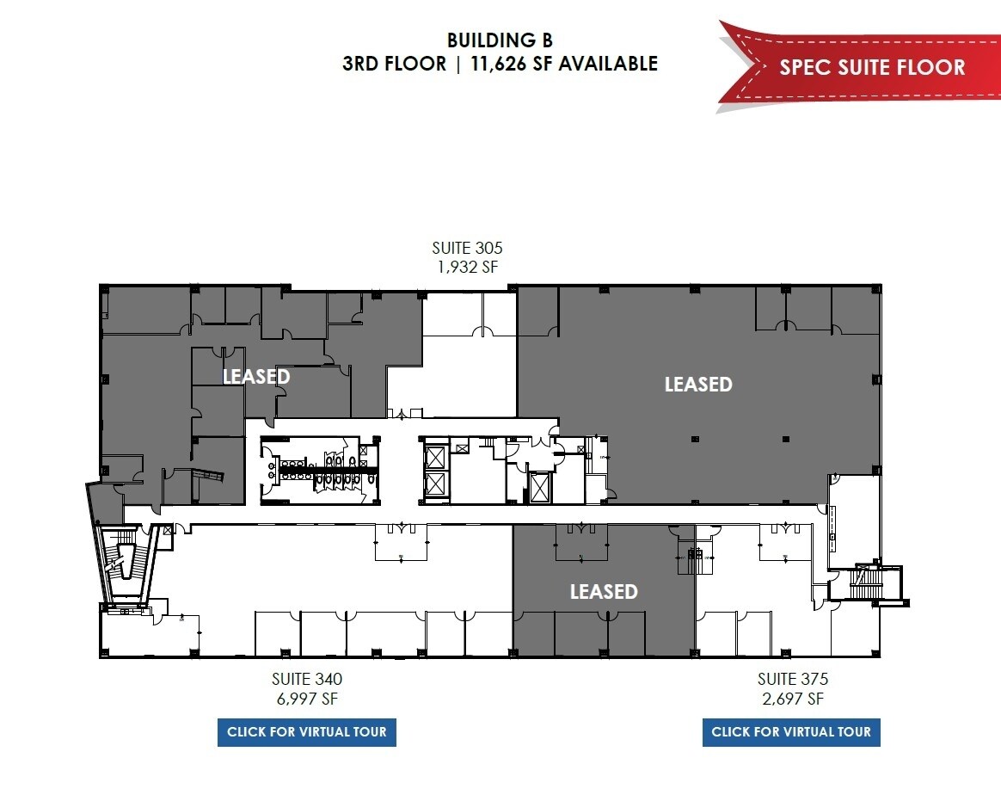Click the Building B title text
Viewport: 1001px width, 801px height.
click(500, 40)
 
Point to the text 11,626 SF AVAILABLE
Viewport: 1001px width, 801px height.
click(560, 64)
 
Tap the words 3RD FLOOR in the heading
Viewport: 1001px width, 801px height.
click(394, 64)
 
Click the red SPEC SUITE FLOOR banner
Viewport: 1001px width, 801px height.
click(871, 67)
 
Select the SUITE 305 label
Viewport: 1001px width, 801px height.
click(467, 249)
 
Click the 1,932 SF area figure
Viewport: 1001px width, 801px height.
click(467, 267)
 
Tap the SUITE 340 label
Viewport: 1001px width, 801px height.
click(307, 680)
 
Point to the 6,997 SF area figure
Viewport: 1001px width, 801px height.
click(307, 699)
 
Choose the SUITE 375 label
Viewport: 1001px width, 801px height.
click(792, 680)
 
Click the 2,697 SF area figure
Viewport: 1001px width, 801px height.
click(792, 699)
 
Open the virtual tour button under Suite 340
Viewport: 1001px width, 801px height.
click(307, 732)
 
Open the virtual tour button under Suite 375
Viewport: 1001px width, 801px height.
click(791, 732)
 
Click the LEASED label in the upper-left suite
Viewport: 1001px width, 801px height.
click(256, 377)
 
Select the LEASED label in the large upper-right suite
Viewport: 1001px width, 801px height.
click(698, 385)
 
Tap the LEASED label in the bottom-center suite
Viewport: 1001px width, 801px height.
click(604, 592)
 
